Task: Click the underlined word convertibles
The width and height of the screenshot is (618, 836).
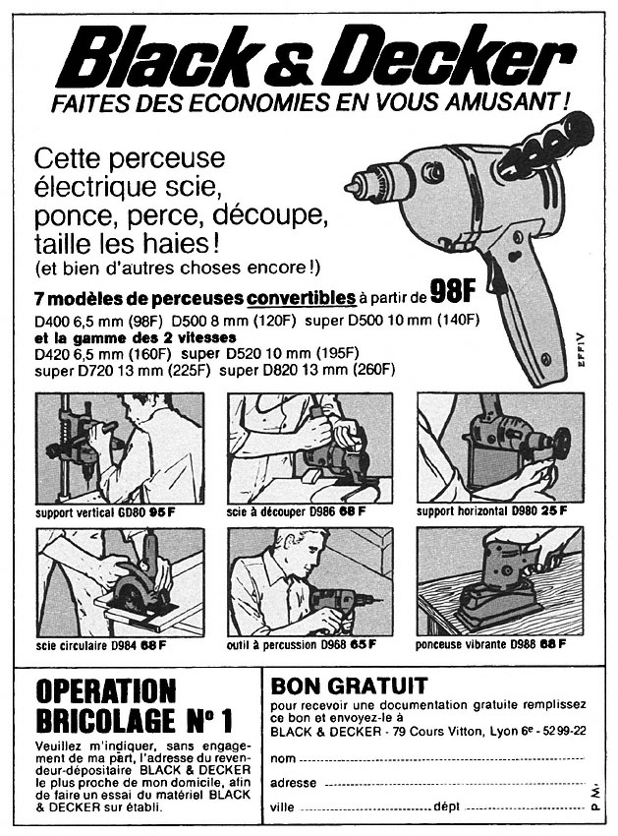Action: click(x=301, y=297)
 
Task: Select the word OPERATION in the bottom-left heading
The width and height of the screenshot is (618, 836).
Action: click(x=105, y=690)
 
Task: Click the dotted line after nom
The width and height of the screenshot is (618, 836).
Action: click(x=442, y=759)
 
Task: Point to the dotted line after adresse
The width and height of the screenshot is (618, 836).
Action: click(x=452, y=784)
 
